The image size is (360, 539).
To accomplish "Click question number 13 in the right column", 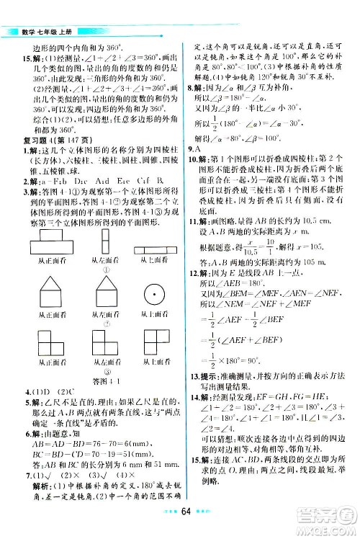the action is (193, 398).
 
